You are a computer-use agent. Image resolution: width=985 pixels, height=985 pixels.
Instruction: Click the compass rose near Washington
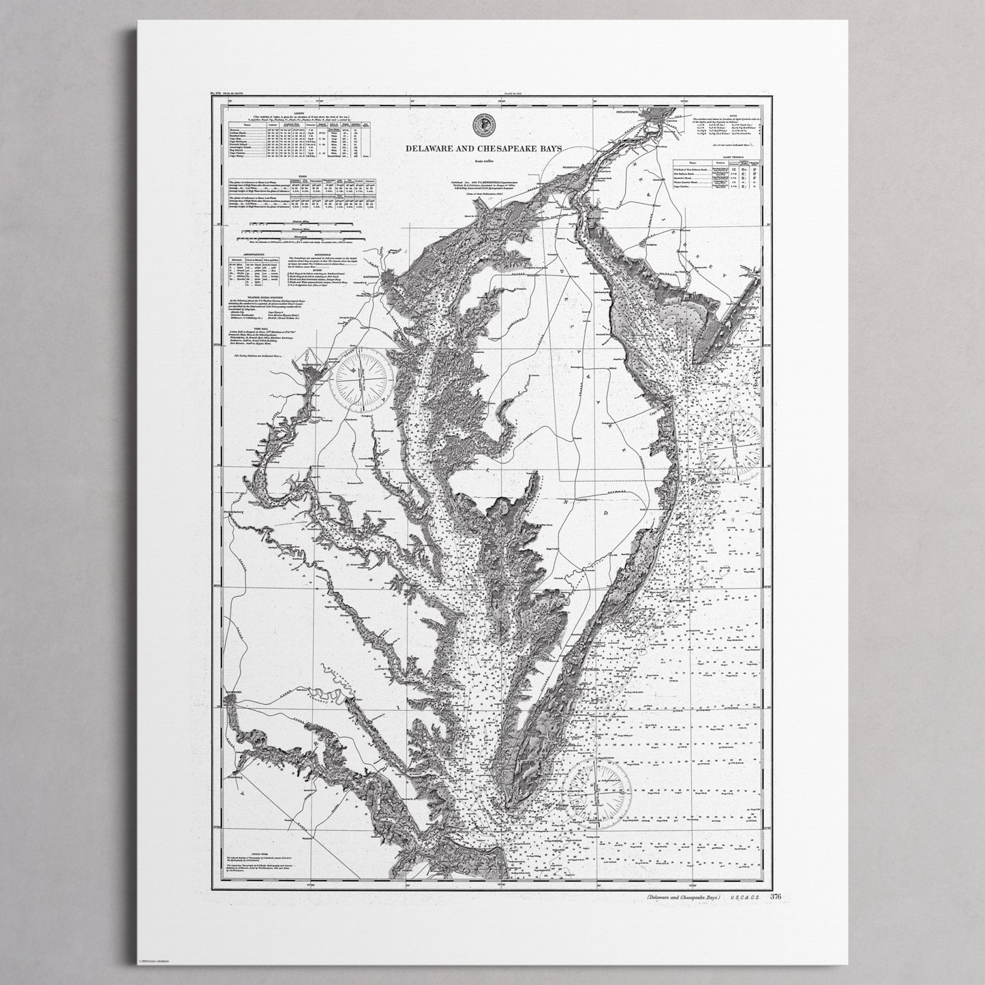(361, 380)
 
